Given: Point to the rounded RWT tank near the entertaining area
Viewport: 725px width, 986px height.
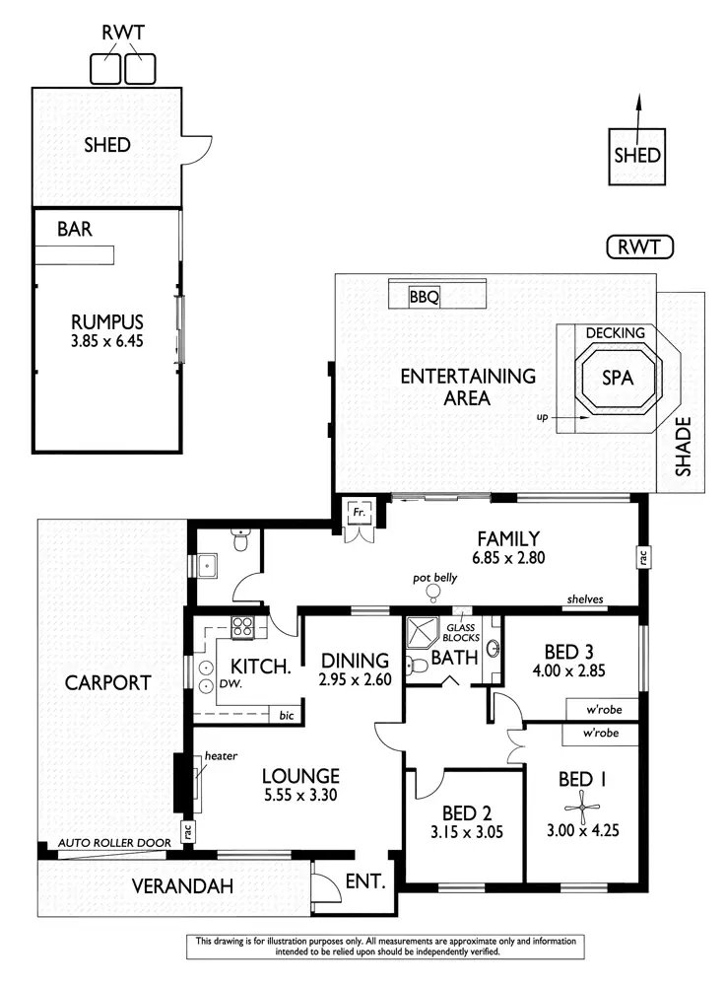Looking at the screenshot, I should [x=639, y=246].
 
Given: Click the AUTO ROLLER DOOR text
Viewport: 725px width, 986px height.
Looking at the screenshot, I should [x=113, y=843].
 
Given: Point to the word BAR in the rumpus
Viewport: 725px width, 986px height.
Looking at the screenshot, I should [x=75, y=230].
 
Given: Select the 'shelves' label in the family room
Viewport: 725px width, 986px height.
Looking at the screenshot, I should [x=584, y=599].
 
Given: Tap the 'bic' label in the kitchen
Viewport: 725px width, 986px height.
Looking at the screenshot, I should [x=286, y=715].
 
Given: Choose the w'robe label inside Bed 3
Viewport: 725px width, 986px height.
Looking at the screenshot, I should [x=599, y=709].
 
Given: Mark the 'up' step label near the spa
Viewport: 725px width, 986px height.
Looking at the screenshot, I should [x=541, y=417].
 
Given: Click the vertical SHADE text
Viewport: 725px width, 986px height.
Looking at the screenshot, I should [x=683, y=449].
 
